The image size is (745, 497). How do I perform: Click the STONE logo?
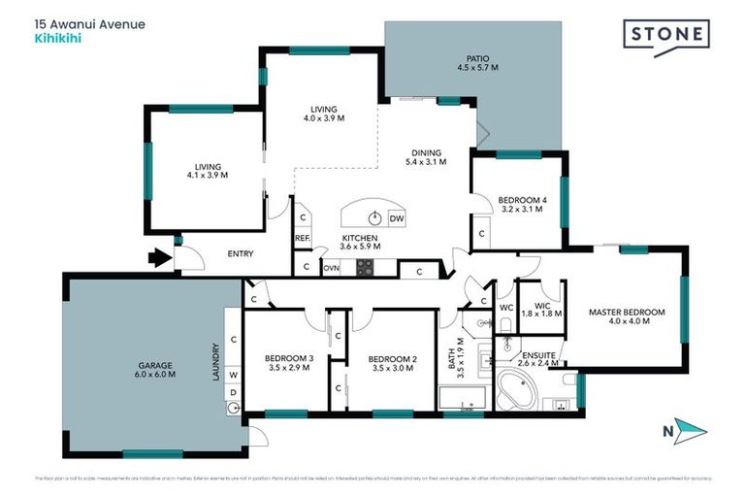tap(667, 35)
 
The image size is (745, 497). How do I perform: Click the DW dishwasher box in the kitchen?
tap(396, 218)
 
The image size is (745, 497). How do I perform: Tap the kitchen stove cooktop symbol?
tap(365, 267)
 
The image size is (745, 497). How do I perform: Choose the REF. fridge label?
tap(303, 238)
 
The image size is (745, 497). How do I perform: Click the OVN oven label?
tap(331, 267)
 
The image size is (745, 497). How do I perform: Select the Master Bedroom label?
tap(627, 316)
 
